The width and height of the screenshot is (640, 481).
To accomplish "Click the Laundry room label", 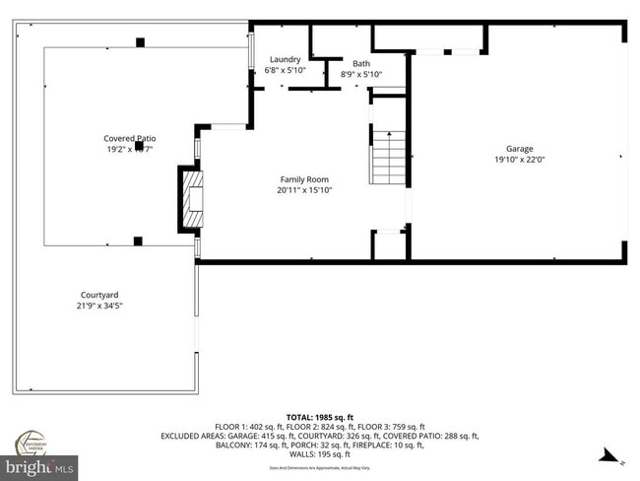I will click(286, 59).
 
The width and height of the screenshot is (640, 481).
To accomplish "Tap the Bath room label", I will click(361, 63).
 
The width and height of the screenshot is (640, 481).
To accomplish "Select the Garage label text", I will click(519, 148).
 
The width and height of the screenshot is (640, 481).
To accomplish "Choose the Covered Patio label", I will click(130, 138).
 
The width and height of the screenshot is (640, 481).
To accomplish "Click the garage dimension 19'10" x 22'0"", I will click(519, 159).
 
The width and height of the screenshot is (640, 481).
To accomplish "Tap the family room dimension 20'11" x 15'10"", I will click(304, 190).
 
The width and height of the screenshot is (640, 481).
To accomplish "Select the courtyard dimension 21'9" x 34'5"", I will click(100, 306).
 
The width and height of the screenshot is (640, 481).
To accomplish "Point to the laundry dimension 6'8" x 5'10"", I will click(286, 71).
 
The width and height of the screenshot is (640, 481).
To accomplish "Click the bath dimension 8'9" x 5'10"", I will click(361, 74).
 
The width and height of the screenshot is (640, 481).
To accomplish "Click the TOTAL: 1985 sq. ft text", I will click(320, 417).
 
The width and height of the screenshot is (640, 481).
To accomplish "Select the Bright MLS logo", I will click(39, 465).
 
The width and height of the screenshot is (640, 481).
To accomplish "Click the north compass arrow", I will click(610, 456).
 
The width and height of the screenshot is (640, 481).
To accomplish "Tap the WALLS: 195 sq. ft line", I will click(320, 454).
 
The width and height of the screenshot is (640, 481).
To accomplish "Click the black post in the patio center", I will click(139, 146).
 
